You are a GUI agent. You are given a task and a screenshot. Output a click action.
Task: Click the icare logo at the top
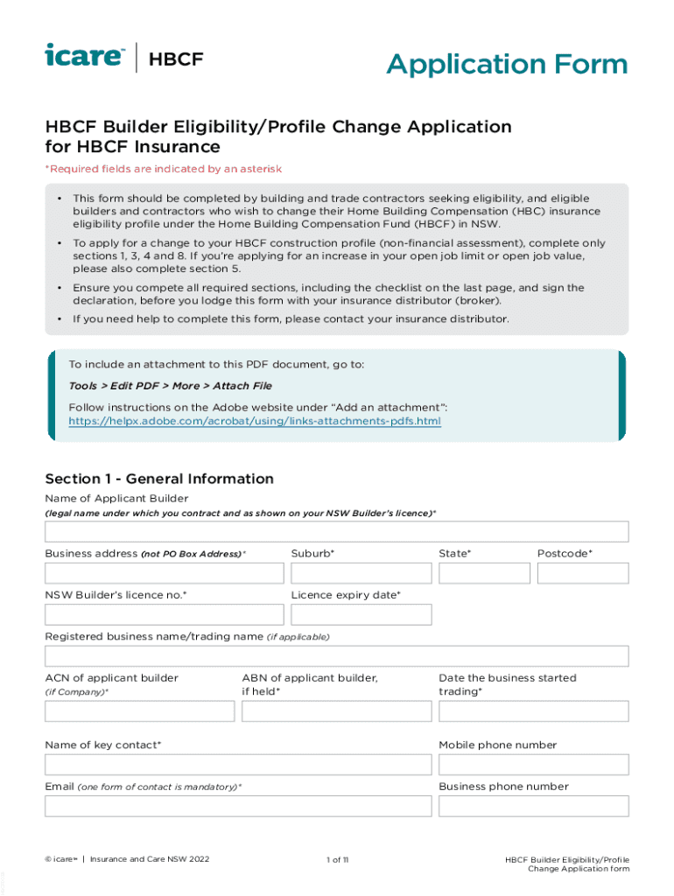tap(85, 57)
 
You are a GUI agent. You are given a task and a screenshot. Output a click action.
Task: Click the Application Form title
tap(507, 64)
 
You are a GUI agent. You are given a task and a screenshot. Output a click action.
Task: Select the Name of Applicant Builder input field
tap(336, 531)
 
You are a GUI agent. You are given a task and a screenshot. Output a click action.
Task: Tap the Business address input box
tap(165, 573)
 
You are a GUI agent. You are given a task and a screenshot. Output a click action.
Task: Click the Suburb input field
tap(361, 573)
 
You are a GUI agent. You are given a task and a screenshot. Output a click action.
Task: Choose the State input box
tap(484, 573)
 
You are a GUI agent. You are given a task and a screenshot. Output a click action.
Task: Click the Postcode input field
tap(582, 573)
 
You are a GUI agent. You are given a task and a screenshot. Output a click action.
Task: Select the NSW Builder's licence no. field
tap(165, 614)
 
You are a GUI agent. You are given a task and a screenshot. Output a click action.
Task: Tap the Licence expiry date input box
tap(361, 614)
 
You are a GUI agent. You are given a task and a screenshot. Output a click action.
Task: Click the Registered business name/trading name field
tap(336, 656)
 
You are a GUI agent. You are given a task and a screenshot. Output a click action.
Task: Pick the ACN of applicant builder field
tap(140, 710)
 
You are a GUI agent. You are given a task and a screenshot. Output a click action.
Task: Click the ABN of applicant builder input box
tap(336, 710)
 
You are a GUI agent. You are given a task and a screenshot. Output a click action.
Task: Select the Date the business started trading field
tap(533, 710)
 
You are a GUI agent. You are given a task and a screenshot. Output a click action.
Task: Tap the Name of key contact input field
tap(238, 764)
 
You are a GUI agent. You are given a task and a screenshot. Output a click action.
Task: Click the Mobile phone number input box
tap(533, 764)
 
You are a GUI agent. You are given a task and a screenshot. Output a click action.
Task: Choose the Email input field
tap(238, 805)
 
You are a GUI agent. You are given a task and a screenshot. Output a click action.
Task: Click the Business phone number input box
tap(533, 805)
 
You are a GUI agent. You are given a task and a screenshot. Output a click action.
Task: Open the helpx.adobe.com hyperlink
tap(255, 421)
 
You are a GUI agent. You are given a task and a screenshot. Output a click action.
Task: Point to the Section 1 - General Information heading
tap(159, 479)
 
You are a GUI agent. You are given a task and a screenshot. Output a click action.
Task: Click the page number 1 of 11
tap(337, 860)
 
